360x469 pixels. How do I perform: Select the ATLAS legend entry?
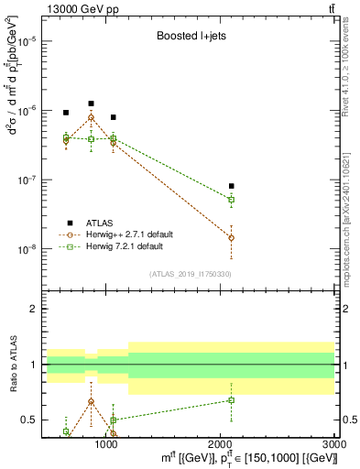point(99,223)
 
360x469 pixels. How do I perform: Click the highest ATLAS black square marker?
point(91,104)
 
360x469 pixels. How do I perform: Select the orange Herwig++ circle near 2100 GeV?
point(231,237)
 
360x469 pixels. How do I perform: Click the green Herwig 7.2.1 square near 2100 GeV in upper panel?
point(231,199)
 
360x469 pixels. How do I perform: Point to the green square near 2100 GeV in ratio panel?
point(231,399)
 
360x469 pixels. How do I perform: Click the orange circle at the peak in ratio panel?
point(91,401)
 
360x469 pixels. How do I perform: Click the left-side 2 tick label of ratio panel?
point(35,310)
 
